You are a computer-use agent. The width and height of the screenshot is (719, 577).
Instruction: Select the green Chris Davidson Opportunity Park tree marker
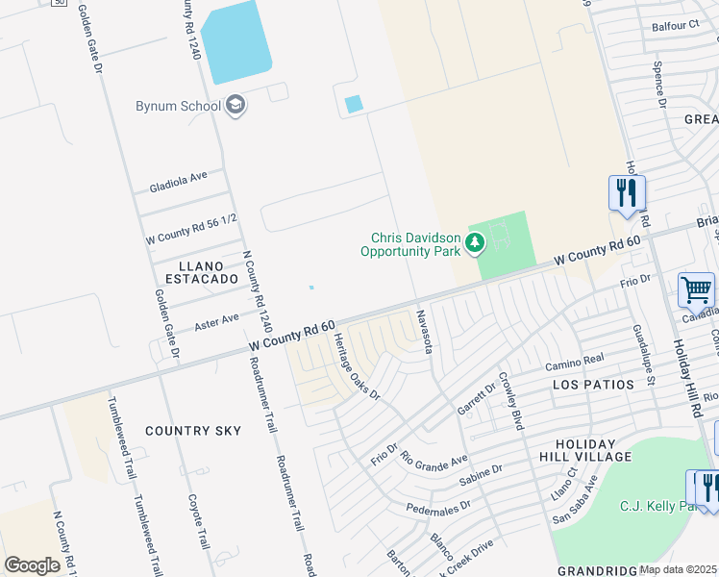point(475,243)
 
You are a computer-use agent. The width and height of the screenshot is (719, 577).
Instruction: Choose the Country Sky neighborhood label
point(193,431)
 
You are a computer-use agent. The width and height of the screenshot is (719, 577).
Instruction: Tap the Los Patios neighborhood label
point(593,384)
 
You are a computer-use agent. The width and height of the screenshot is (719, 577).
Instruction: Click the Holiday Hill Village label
point(585,450)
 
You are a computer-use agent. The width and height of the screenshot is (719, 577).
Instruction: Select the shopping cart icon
point(696,289)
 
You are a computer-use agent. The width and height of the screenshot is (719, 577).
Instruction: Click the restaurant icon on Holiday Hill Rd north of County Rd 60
point(627,192)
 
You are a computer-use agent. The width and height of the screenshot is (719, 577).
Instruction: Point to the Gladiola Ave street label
point(179,178)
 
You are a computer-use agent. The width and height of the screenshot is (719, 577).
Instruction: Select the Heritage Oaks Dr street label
point(358,366)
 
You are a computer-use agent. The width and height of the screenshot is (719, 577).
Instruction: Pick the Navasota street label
point(424,331)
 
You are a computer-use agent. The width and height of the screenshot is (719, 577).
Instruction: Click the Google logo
point(32,565)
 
